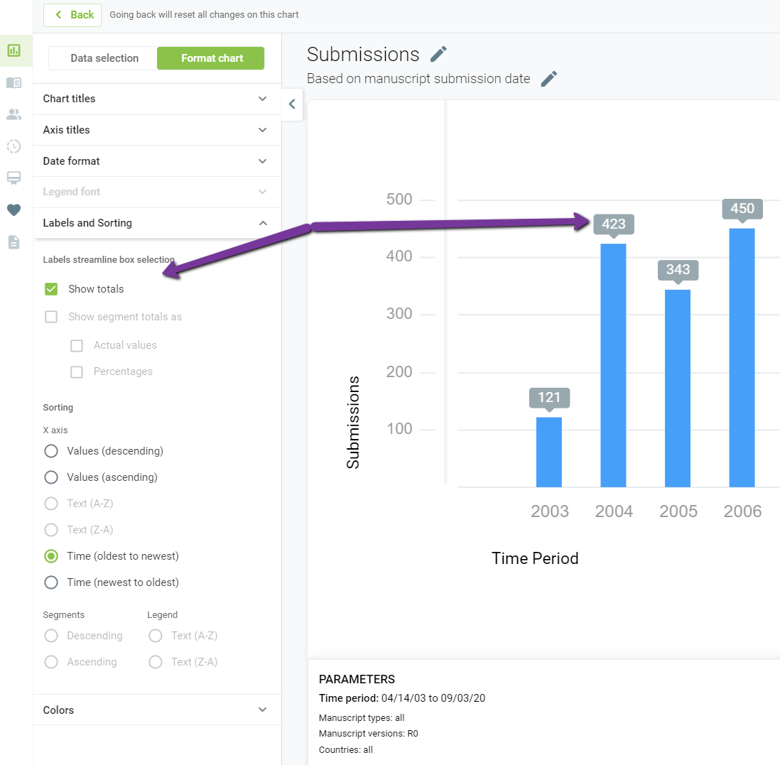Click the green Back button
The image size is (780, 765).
[x=72, y=15]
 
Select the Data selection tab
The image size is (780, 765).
[x=104, y=58]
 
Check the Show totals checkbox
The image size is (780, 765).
[x=51, y=289]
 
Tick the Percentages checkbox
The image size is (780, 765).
[x=77, y=372]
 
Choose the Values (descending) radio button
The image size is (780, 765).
[x=51, y=451]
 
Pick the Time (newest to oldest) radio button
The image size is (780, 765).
[x=51, y=582]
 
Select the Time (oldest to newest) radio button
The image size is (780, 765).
[x=51, y=556]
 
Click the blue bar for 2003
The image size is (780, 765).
[x=549, y=452]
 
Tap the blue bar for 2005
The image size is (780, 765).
[x=678, y=389]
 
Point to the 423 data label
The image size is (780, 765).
[x=614, y=224]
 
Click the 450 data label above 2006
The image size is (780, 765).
[x=742, y=209]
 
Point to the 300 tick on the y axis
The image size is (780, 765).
[x=399, y=314]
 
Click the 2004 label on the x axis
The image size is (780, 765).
[x=614, y=511]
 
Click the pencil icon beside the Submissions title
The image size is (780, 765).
[x=438, y=54]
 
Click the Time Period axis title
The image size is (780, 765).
[x=535, y=558]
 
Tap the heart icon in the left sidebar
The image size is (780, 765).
[x=14, y=210]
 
